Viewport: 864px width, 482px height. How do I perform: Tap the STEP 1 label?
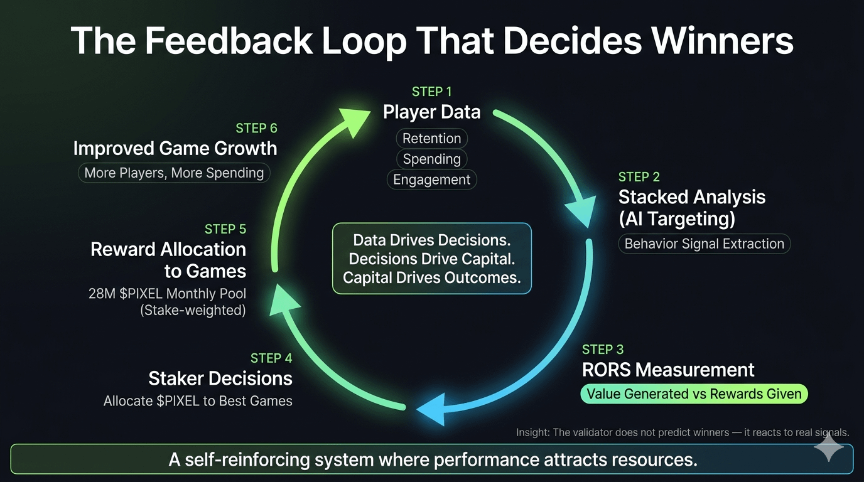431,92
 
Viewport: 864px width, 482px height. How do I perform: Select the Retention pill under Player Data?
431,138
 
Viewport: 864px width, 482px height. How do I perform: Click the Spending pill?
431,159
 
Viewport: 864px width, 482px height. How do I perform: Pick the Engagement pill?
431,179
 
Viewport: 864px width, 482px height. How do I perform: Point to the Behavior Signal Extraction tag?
704,244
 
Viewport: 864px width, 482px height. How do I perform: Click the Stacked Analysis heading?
691,197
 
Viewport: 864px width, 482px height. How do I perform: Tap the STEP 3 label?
603,350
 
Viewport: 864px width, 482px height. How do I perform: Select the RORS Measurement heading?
668,370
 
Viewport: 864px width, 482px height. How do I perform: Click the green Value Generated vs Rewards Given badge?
693,394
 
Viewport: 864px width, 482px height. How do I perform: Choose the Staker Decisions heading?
220,378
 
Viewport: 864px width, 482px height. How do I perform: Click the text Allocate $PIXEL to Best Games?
198,400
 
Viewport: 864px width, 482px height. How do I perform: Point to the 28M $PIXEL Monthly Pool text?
167,294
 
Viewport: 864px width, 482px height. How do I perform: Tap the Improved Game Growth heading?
175,149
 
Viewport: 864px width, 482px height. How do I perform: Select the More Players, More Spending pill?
174,173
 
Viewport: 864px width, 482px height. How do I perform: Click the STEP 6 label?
256,129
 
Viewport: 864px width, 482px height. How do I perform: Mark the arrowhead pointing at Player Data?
354,122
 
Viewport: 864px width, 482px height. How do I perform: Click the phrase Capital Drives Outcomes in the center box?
431,277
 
